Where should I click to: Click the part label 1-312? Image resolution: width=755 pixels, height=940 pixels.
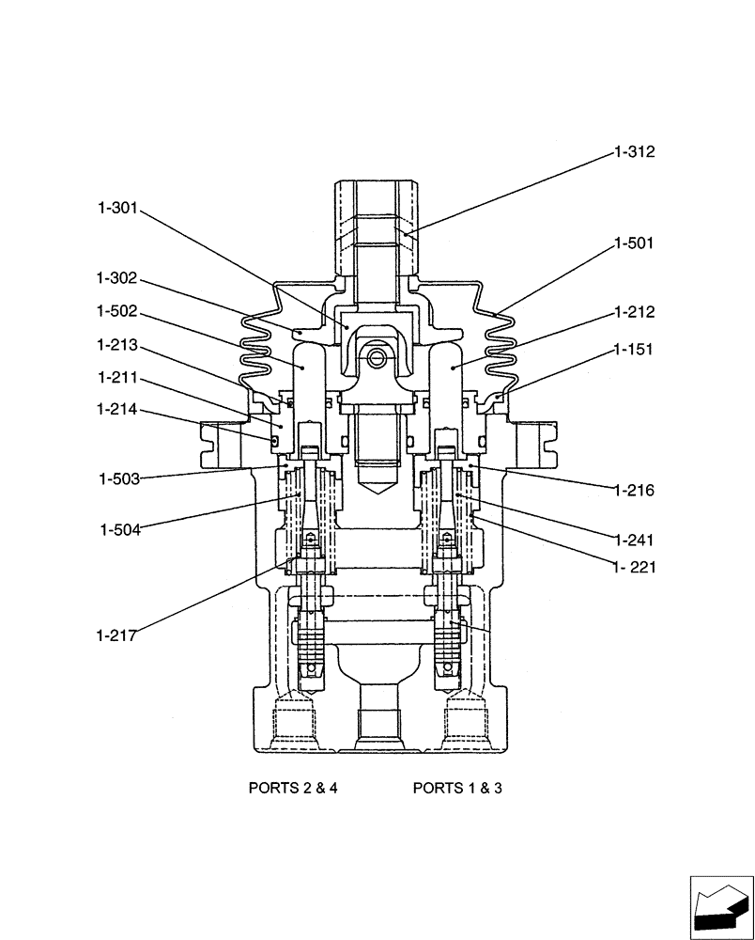click(634, 151)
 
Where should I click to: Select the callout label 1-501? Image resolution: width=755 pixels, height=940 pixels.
click(634, 243)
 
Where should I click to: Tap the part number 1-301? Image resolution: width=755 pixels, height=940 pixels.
click(116, 209)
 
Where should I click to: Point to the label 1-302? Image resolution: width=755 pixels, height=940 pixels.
click(116, 278)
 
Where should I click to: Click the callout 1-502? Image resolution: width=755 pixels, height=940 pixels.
click(116, 310)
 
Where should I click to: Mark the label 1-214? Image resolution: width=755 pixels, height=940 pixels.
click(116, 410)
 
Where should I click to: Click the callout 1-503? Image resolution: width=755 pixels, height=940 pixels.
click(119, 479)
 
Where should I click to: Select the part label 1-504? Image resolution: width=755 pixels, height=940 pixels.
click(119, 529)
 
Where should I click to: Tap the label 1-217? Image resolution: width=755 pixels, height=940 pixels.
click(116, 635)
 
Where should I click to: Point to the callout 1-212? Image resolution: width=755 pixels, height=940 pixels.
click(635, 312)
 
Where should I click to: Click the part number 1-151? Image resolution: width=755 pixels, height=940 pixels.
click(634, 349)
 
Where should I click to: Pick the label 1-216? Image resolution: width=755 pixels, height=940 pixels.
click(635, 491)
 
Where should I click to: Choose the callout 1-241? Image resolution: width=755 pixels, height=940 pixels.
click(635, 540)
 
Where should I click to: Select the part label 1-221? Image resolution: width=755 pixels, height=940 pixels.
click(635, 567)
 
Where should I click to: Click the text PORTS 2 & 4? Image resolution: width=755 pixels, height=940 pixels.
click(292, 788)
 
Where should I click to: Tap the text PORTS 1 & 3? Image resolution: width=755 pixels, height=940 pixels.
click(457, 788)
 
